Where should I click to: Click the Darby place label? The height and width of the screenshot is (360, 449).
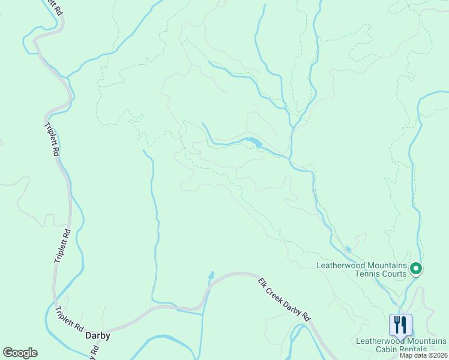[x=98, y=336]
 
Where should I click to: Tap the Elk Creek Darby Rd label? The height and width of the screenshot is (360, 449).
[x=285, y=299]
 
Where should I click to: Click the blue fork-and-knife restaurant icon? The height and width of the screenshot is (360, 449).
[x=400, y=325]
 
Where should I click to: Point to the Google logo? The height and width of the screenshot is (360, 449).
[x=20, y=353]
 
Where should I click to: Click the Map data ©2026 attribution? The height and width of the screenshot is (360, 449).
[x=423, y=355]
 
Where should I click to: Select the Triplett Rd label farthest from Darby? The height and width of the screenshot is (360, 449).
[x=52, y=139]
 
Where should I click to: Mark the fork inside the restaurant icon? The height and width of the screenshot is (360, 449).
[x=396, y=325]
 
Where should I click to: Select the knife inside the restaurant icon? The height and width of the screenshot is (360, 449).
[x=405, y=325]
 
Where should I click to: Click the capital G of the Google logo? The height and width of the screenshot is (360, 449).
[x=8, y=353]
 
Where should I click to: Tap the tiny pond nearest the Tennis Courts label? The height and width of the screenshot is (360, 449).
[x=348, y=249]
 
